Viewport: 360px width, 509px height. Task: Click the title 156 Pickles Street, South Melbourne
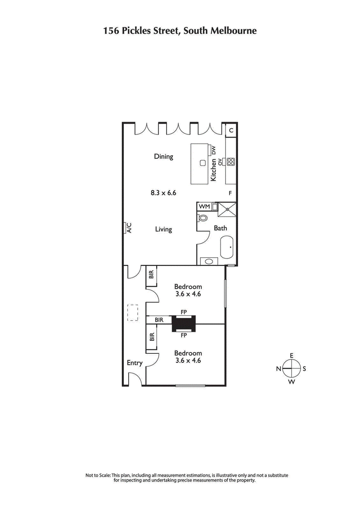180,31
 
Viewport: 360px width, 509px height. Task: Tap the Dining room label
163,156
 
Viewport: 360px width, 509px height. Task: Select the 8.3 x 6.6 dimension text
163,193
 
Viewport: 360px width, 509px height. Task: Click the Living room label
163,229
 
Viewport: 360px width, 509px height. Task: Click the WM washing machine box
205,206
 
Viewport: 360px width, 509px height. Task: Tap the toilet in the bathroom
202,219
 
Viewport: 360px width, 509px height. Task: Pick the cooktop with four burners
231,162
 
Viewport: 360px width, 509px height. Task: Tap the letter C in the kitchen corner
231,130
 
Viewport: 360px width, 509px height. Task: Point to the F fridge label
230,193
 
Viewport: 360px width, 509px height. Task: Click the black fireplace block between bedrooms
184,323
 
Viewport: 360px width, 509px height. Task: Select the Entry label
135,363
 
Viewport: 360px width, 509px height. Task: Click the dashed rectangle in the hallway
132,313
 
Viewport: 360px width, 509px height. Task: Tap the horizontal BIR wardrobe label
158,320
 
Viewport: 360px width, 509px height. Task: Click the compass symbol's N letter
279,369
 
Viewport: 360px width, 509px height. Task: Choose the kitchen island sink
203,162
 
